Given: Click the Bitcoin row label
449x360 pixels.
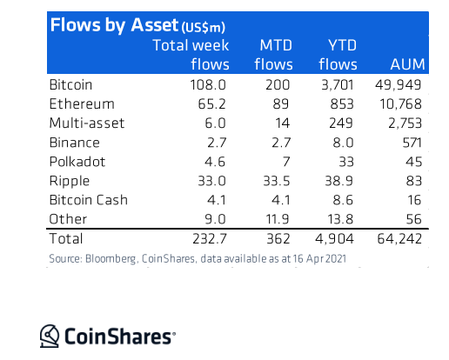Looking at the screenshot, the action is (70, 85).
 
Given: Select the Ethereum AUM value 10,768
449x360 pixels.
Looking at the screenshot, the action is (400, 104).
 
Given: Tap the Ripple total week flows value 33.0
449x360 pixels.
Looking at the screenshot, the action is (211, 181).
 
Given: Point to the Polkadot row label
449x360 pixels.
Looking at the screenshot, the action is (77, 162).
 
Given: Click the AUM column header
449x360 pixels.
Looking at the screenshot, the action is (407, 64).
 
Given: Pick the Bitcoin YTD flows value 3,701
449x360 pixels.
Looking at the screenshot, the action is (338, 85).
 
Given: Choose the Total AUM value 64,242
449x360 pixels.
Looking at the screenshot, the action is (399, 239).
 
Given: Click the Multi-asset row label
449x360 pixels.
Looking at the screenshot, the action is (87, 123).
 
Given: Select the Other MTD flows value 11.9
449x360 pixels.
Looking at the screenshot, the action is (278, 219).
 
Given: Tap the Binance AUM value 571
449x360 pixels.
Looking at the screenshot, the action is (412, 143).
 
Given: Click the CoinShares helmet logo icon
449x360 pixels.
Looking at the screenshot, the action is (50, 336).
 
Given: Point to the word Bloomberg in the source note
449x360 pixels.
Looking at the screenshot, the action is (111, 259).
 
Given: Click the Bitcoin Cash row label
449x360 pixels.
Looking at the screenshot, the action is (89, 200).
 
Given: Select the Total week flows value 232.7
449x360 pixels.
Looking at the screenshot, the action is (210, 239).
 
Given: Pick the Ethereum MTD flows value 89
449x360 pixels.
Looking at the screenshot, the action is (281, 104).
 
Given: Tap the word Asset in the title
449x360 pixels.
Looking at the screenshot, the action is (154, 25).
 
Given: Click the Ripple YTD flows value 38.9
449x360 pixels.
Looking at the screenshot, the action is (338, 181).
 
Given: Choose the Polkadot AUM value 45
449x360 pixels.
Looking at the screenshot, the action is (413, 162).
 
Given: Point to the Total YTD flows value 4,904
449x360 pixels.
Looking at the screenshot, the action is (334, 239).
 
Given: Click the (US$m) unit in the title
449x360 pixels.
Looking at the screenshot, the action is (204, 28).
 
